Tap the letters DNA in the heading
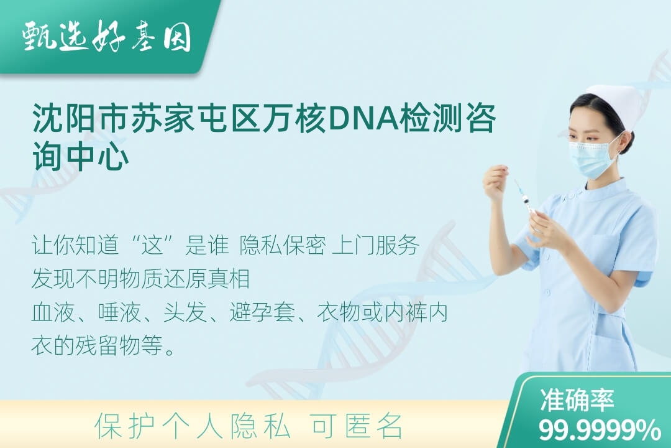point(363,118)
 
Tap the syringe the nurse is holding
point(524,199)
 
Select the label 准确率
point(577,399)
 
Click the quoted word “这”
point(153,245)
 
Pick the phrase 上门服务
point(375,245)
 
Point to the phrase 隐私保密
point(283,245)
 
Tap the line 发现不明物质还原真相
point(140,278)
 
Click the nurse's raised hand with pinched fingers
point(495,179)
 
